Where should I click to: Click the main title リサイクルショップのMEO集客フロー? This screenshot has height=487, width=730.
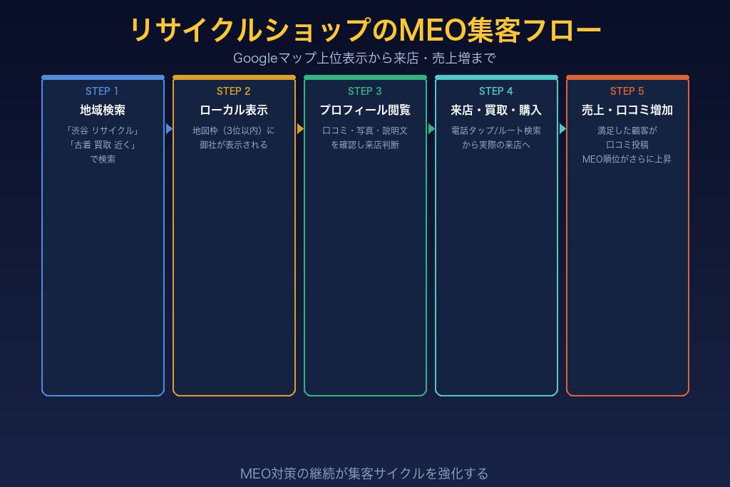[x=365, y=30]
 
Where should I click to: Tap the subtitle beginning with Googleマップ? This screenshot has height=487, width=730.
[x=364, y=58]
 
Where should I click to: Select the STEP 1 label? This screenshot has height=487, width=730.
[x=102, y=91]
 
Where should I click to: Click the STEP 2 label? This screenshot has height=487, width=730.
[x=234, y=91]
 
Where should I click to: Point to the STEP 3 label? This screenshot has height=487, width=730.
[x=364, y=91]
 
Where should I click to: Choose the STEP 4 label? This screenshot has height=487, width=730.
[x=496, y=91]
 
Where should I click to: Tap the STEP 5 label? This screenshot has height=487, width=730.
[x=627, y=91]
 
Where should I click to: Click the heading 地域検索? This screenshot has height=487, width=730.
[x=103, y=111]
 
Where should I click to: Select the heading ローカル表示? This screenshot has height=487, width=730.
[x=234, y=111]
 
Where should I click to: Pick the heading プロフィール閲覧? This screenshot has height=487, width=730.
[x=365, y=111]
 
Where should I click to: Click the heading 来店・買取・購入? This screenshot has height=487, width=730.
[x=496, y=111]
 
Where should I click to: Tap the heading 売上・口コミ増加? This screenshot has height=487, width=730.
[x=627, y=111]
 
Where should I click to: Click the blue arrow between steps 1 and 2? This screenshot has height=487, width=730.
[x=169, y=129]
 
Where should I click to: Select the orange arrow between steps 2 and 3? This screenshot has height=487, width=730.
[x=300, y=129]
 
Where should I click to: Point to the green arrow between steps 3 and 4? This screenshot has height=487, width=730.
[x=431, y=129]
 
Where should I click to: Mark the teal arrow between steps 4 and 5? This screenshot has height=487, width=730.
[x=563, y=129]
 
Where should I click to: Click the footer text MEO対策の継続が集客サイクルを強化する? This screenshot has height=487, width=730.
[x=364, y=473]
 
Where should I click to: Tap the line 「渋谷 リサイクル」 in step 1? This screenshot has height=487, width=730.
[x=103, y=130]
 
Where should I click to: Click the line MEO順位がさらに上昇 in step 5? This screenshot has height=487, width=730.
[x=627, y=159]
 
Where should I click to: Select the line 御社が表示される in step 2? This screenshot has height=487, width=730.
[x=234, y=145]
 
